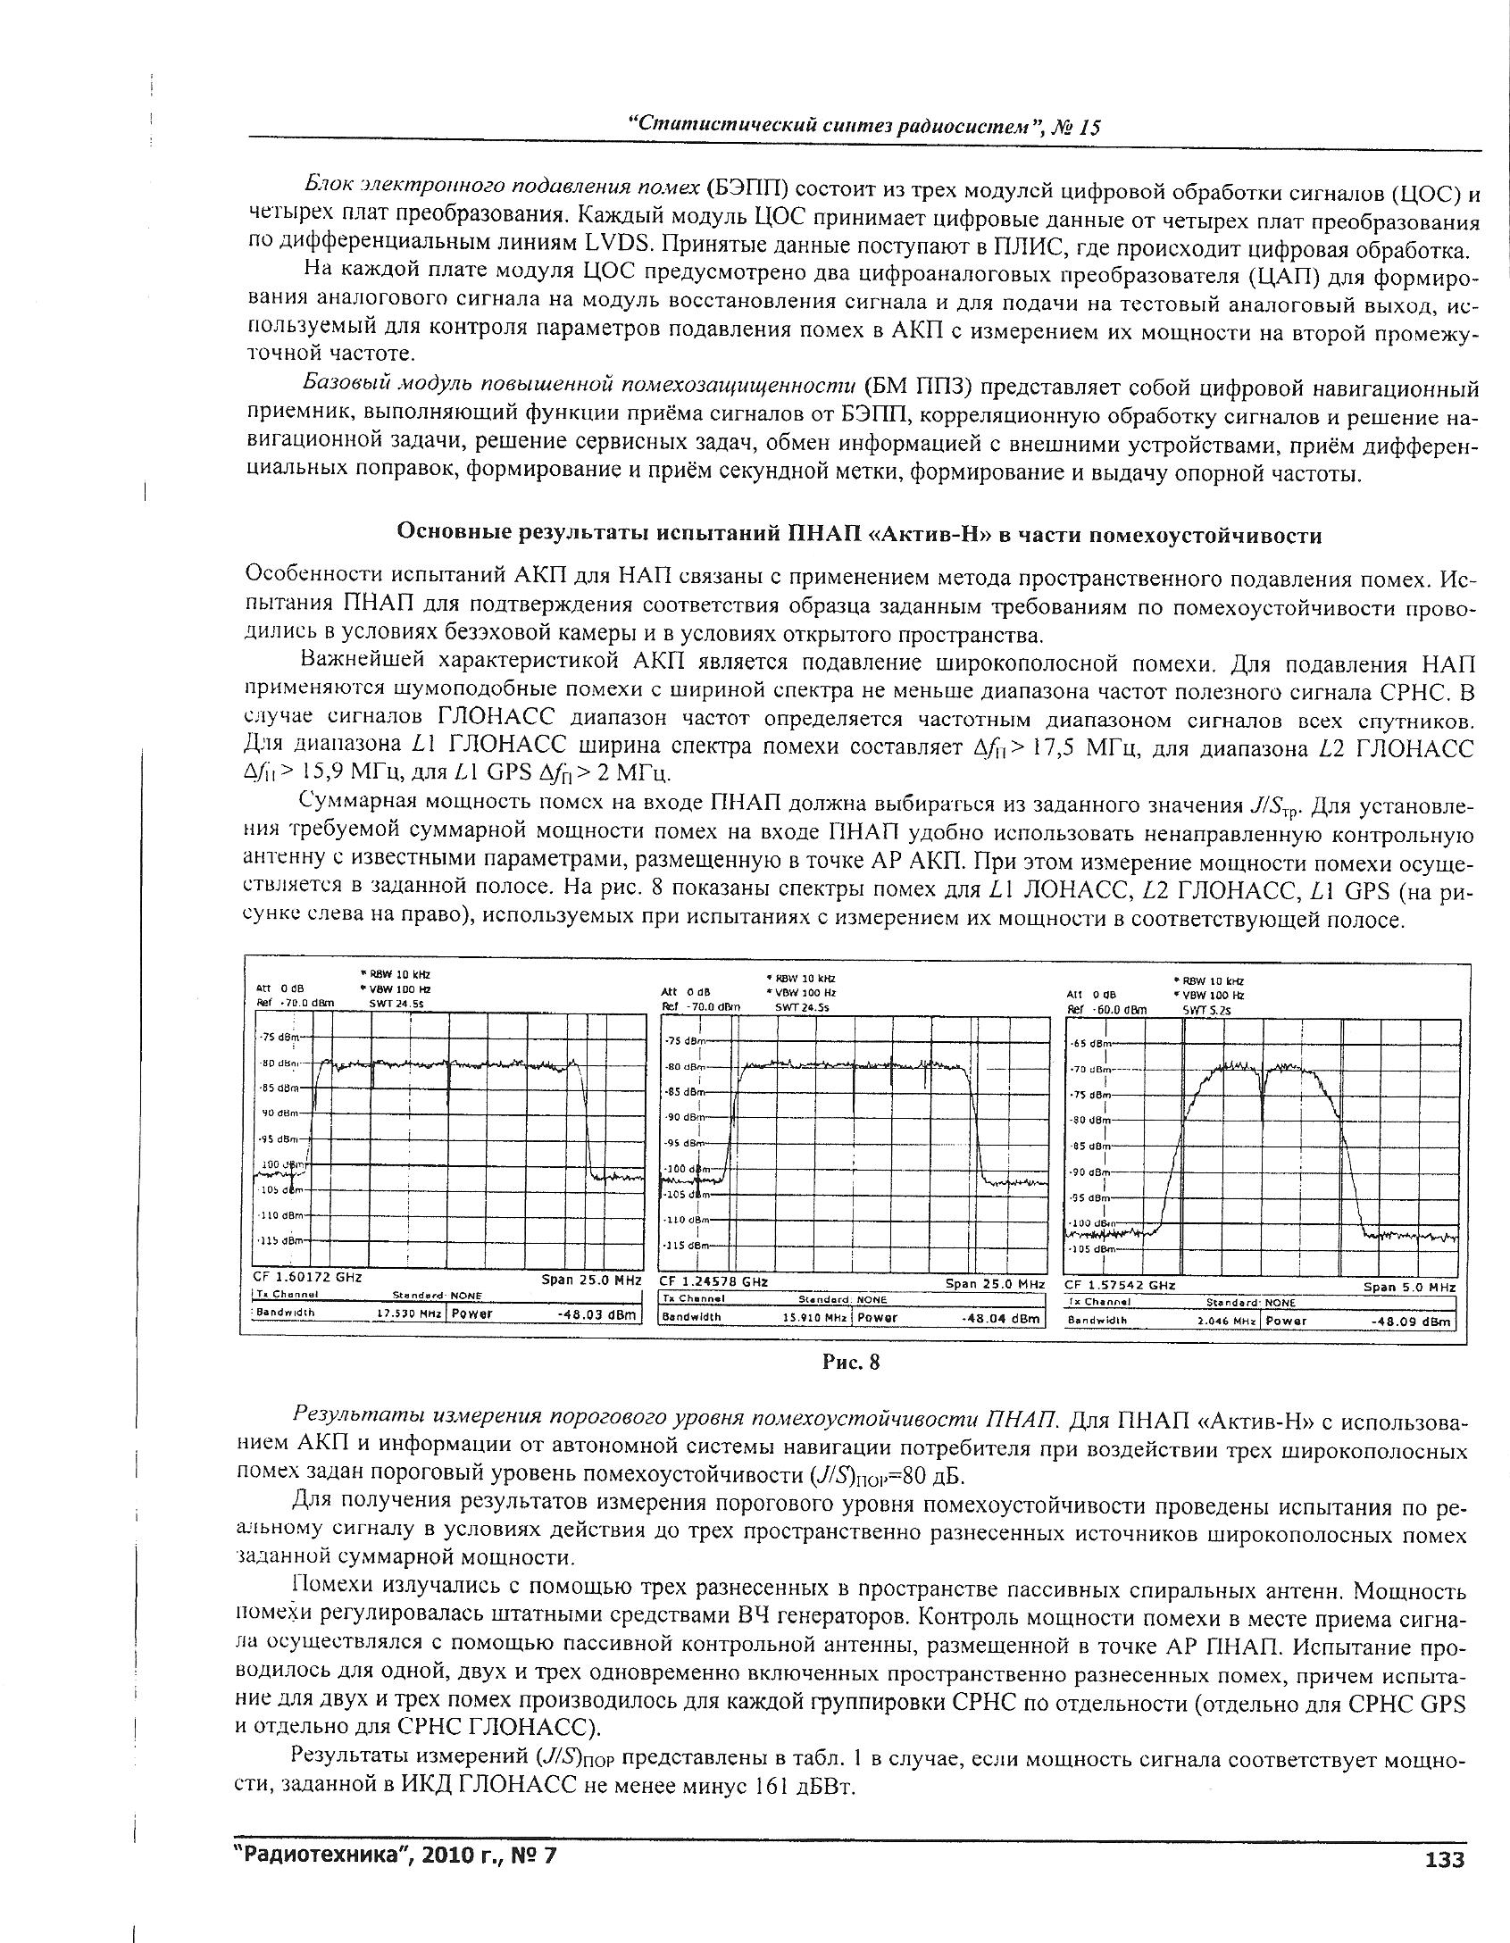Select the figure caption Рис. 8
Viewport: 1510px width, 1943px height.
coord(851,1363)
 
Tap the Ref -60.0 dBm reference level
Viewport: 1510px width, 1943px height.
coord(1108,1010)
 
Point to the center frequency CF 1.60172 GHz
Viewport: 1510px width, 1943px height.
coord(308,1278)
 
